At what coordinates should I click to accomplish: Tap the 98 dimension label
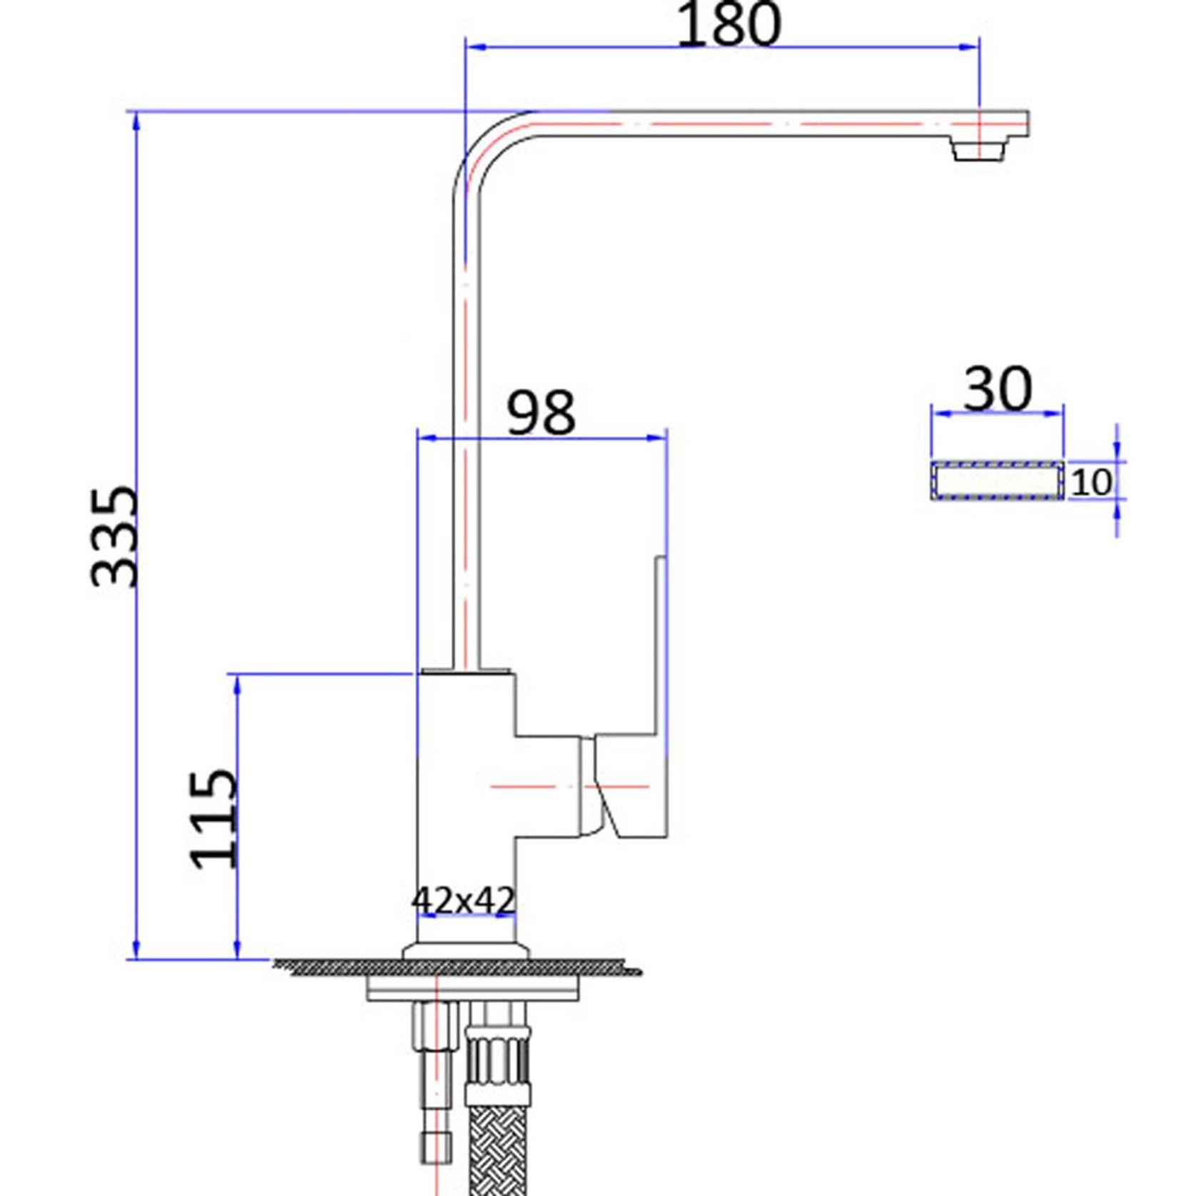pos(540,412)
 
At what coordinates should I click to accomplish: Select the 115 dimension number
pos(213,819)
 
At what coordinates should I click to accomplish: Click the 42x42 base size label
pos(462,901)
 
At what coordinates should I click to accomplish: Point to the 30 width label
pos(998,390)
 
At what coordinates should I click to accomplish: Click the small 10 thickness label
pos(1090,483)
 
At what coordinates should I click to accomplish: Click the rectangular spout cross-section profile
pos(997,481)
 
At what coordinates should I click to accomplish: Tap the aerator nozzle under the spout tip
pos(978,151)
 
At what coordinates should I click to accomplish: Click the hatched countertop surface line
pos(457,968)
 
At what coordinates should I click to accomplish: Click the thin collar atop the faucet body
pos(465,671)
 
